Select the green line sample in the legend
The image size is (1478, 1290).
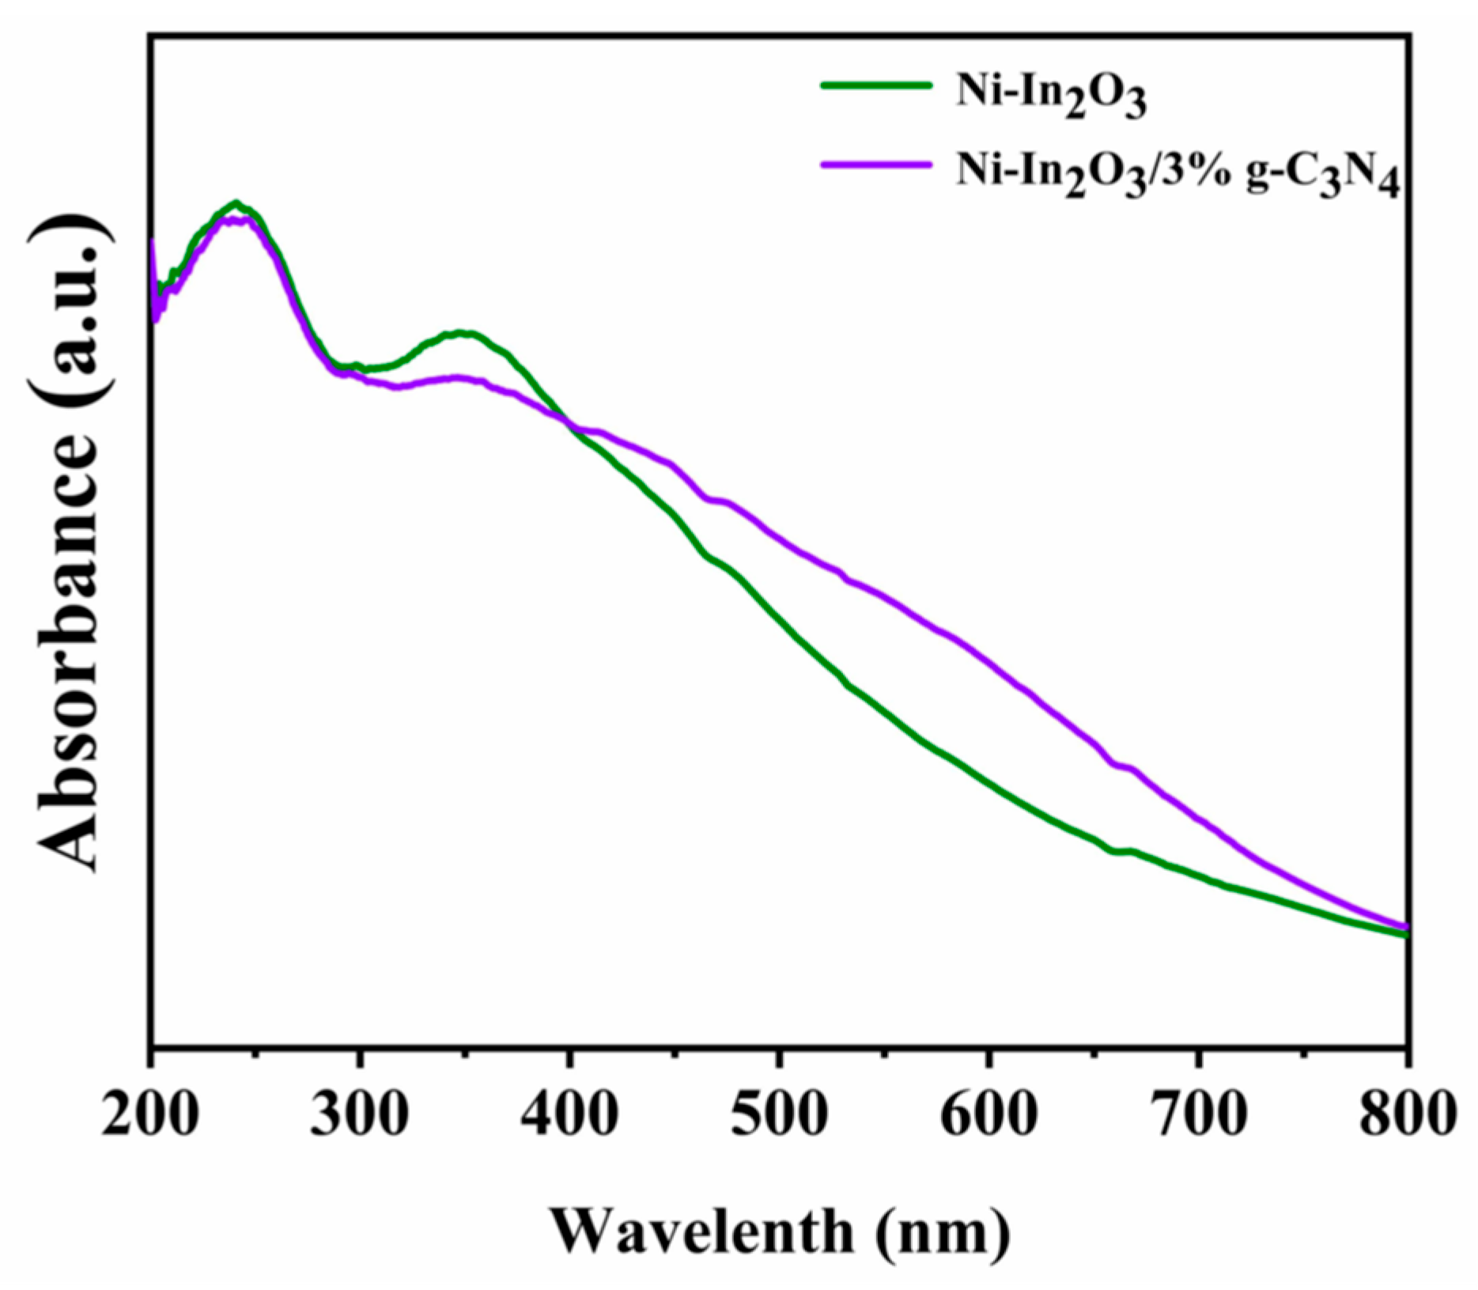tap(875, 85)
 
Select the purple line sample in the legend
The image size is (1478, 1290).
tap(875, 164)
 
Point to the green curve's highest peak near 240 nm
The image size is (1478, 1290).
tap(235, 203)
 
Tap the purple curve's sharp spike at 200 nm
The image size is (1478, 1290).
tap(152, 241)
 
